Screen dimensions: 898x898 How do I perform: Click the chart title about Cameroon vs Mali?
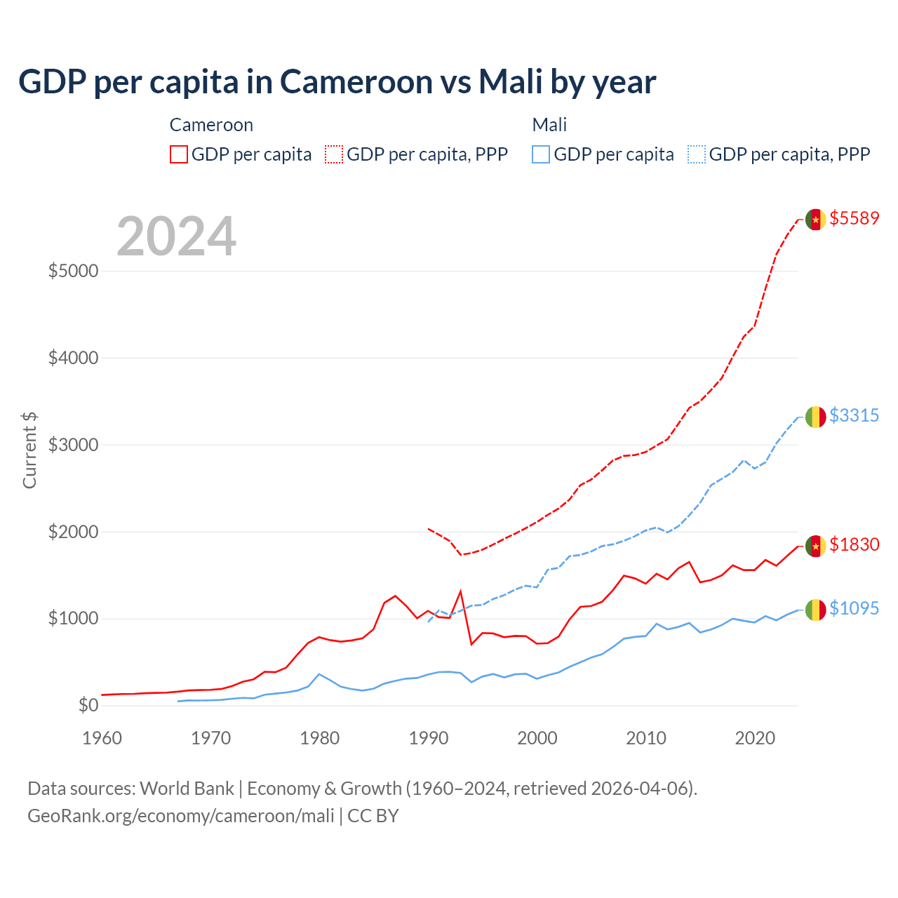[337, 82]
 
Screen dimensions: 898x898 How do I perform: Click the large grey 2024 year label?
[176, 236]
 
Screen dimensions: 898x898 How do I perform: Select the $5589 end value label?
[854, 218]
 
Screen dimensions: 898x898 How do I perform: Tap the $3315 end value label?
[854, 415]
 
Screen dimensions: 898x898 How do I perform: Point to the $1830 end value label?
[854, 544]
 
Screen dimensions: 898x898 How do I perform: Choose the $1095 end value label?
[854, 608]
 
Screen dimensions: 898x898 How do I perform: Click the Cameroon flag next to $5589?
[815, 220]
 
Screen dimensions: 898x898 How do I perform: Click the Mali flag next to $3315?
[815, 417]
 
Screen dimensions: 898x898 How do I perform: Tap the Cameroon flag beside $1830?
[815, 546]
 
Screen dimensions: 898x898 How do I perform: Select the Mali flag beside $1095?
[815, 610]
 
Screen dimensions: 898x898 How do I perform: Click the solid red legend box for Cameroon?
[179, 154]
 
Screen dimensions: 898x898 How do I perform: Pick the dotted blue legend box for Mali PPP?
[697, 154]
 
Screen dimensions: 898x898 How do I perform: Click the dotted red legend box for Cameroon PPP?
[334, 154]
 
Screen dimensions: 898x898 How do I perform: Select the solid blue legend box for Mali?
[541, 154]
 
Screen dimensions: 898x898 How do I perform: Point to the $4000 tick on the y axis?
[73, 358]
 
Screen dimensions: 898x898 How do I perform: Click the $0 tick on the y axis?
[88, 705]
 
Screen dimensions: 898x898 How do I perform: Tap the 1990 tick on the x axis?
[429, 738]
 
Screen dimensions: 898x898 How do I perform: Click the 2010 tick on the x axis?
[646, 738]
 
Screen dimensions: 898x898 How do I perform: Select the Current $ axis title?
[29, 450]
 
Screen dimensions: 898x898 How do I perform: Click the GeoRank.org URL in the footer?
[181, 816]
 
